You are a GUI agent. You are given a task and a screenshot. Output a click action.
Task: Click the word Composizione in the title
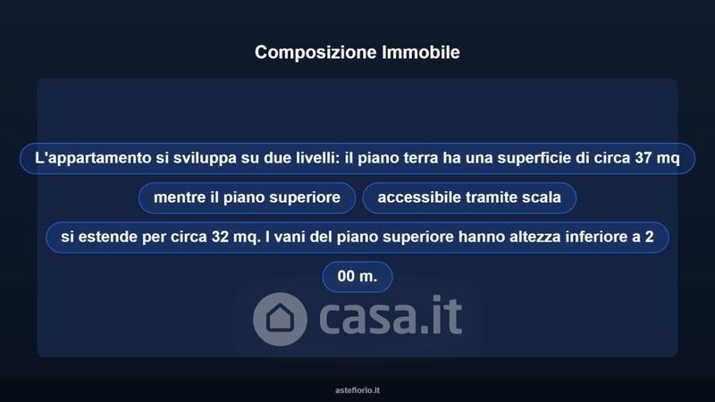(x=315, y=53)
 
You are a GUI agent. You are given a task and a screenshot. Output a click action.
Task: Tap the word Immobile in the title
(x=421, y=52)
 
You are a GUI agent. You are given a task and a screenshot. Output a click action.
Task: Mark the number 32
(x=220, y=237)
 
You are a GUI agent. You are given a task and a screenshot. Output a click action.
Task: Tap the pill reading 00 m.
(x=357, y=277)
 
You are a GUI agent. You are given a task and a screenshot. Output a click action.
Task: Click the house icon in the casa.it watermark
(x=280, y=319)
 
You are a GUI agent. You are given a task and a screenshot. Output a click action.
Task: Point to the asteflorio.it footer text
(x=357, y=390)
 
